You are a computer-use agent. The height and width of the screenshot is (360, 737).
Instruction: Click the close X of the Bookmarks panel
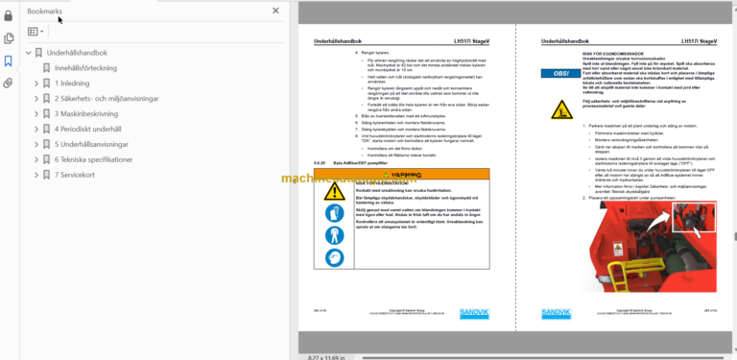click(x=276, y=11)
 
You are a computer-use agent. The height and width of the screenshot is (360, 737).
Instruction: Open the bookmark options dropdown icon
click(x=36, y=32)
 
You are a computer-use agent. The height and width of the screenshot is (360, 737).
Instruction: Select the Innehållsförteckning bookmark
click(x=85, y=67)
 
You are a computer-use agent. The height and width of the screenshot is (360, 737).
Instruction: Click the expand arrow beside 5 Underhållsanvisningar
click(x=36, y=144)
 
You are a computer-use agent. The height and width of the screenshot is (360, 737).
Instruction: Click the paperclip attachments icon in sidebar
click(x=9, y=83)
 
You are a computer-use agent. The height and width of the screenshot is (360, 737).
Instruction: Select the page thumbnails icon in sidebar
click(x=9, y=38)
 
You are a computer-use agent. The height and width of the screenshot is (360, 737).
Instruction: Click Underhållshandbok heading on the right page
click(x=562, y=42)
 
